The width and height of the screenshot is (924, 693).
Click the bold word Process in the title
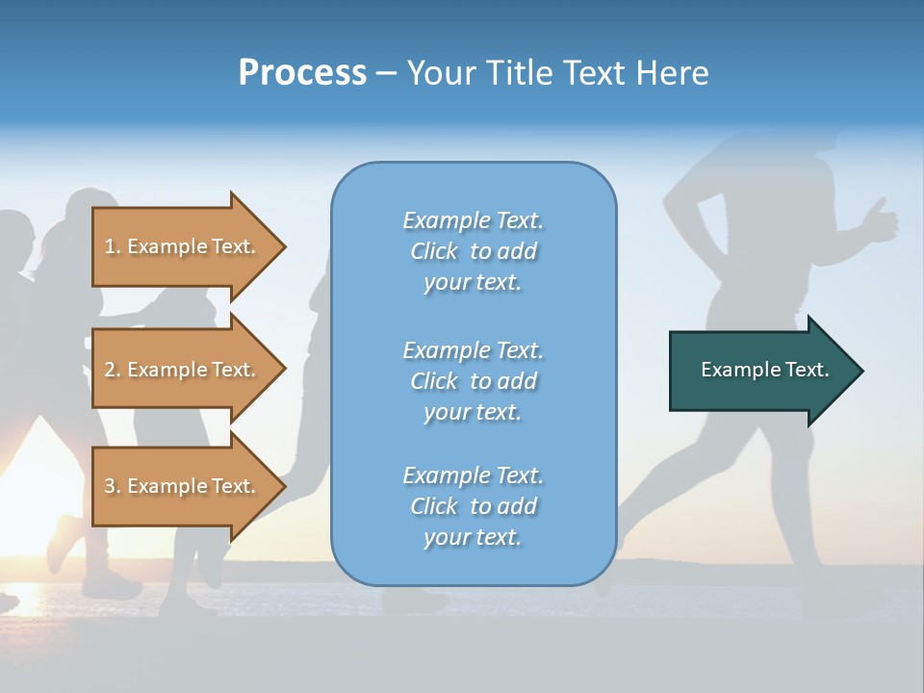[302, 73]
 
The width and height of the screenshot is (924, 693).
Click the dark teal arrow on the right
[760, 370]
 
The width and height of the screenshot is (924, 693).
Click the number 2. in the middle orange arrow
[113, 370]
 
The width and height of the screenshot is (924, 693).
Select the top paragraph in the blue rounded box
[473, 251]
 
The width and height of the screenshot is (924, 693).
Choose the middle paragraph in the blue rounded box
[473, 381]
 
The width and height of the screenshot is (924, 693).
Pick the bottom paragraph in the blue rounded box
[473, 506]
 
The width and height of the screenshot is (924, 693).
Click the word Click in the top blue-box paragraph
[434, 251]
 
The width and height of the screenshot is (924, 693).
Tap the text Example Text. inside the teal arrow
[764, 370]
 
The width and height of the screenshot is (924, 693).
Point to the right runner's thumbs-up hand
[881, 219]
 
